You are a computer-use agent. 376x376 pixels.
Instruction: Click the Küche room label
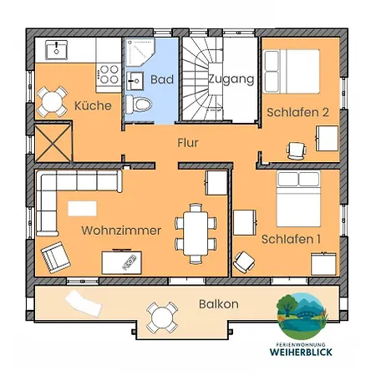[x=93, y=105]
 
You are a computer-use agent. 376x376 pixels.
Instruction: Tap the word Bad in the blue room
[x=162, y=79]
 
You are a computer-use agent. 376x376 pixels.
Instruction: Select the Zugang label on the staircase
[x=231, y=79]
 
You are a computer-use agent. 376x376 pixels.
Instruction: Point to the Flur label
[x=188, y=143]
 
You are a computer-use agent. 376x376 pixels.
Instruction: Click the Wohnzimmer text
[x=121, y=231]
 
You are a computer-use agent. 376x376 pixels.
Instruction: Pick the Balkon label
[x=219, y=304]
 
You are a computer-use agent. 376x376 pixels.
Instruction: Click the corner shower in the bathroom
[x=140, y=52]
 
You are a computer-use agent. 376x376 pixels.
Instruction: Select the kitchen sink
[x=57, y=49]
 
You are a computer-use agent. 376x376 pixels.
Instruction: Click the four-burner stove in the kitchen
[x=109, y=74]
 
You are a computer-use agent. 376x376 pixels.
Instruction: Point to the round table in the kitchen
[x=52, y=102]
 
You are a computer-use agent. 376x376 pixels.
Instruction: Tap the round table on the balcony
[x=162, y=318]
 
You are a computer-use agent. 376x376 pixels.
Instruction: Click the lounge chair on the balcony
[x=84, y=303]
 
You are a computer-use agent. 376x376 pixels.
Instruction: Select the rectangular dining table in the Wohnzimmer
[x=196, y=233]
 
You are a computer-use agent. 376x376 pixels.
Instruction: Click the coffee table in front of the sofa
[x=83, y=209]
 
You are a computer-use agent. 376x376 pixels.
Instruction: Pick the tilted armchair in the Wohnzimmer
[x=56, y=257]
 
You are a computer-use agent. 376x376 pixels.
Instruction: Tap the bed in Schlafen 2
[x=292, y=71]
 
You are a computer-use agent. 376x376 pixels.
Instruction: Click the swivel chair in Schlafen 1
[x=244, y=262]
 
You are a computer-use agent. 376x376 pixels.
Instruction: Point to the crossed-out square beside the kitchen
[x=53, y=143]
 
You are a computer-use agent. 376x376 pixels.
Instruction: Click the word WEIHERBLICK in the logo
[x=301, y=352]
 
